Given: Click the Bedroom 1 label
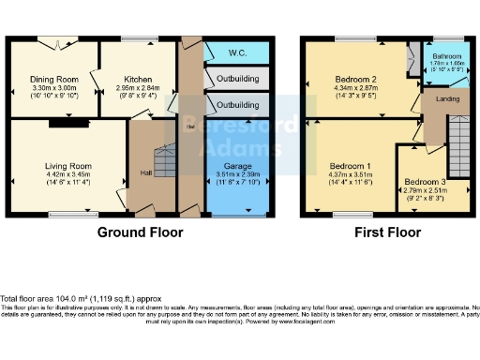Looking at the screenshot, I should (x=347, y=166).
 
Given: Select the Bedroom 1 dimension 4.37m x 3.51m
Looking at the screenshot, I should (x=347, y=174).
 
